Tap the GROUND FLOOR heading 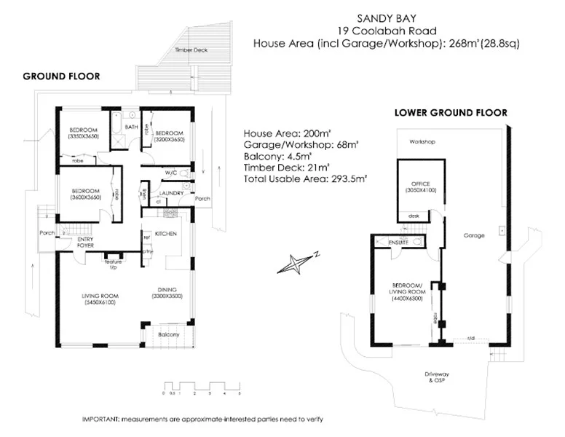61,76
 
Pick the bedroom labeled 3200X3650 168,137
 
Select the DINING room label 167,294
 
